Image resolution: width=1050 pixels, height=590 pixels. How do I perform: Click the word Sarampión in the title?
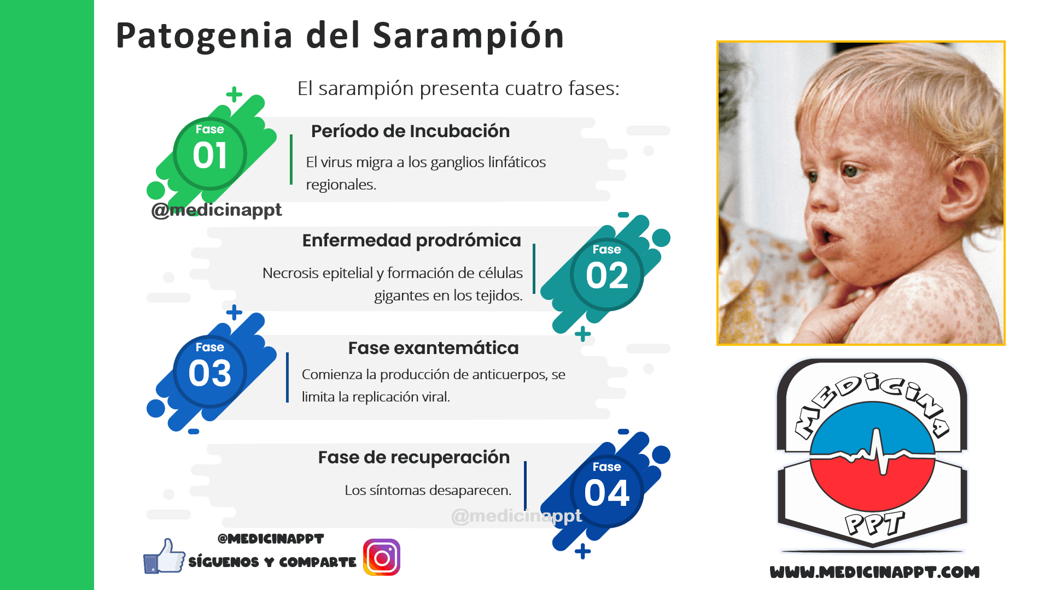pos(468,36)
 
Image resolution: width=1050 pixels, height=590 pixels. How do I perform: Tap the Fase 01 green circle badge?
pos(210,154)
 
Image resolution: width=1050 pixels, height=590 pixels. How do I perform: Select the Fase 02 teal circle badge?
pos(607,274)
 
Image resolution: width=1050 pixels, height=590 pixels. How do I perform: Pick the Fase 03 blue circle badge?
pos(210,371)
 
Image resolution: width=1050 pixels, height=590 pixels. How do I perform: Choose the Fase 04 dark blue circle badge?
pos(607,491)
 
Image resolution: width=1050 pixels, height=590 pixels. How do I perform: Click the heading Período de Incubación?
pos(410,131)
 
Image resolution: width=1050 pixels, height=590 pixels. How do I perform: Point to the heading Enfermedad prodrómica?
pos(411,240)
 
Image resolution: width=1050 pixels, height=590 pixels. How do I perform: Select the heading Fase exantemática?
pos(433,348)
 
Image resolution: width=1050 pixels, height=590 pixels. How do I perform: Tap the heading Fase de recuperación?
pos(413,457)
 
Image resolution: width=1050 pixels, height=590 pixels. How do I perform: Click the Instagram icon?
pos(382,557)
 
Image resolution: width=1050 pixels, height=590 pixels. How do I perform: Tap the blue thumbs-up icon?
pos(164,556)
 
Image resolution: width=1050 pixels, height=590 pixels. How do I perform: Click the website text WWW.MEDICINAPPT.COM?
pos(874,572)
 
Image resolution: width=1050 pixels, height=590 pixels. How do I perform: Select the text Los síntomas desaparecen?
pos(428,490)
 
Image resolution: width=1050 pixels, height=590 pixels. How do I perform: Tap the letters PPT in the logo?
pos(874,523)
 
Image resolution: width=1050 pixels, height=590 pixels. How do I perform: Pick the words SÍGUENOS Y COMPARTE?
pos(272,562)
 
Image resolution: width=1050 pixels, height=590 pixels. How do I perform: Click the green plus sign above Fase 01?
pos(234,95)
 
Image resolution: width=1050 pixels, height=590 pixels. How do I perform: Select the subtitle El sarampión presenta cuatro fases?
pos(458,88)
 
